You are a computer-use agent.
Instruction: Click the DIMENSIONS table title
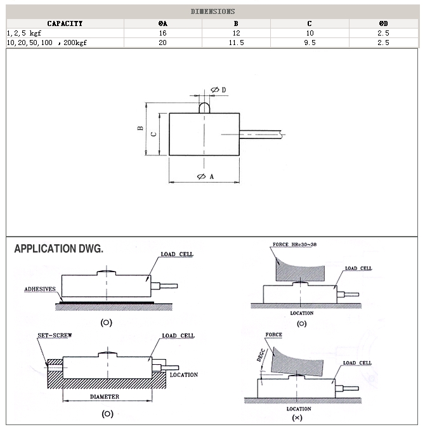coord(213,11)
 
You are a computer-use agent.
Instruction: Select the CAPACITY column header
coord(65,23)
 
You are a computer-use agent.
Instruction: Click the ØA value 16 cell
coord(162,32)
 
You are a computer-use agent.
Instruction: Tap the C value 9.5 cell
coord(310,43)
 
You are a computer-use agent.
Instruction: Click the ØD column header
coord(383,23)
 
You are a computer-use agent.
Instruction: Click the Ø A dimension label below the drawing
coord(205,176)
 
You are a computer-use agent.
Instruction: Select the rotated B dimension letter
coord(140,129)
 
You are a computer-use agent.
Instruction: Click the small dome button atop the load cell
coord(204,108)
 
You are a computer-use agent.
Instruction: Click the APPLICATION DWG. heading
coord(58,249)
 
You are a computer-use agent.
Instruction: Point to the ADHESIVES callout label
coord(40,289)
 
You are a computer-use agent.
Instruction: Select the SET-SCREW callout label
coord(53,336)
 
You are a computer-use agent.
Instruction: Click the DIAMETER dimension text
coord(105,397)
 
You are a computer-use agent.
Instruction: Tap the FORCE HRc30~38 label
coord(293,244)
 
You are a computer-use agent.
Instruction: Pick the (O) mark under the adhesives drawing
coord(107,322)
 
